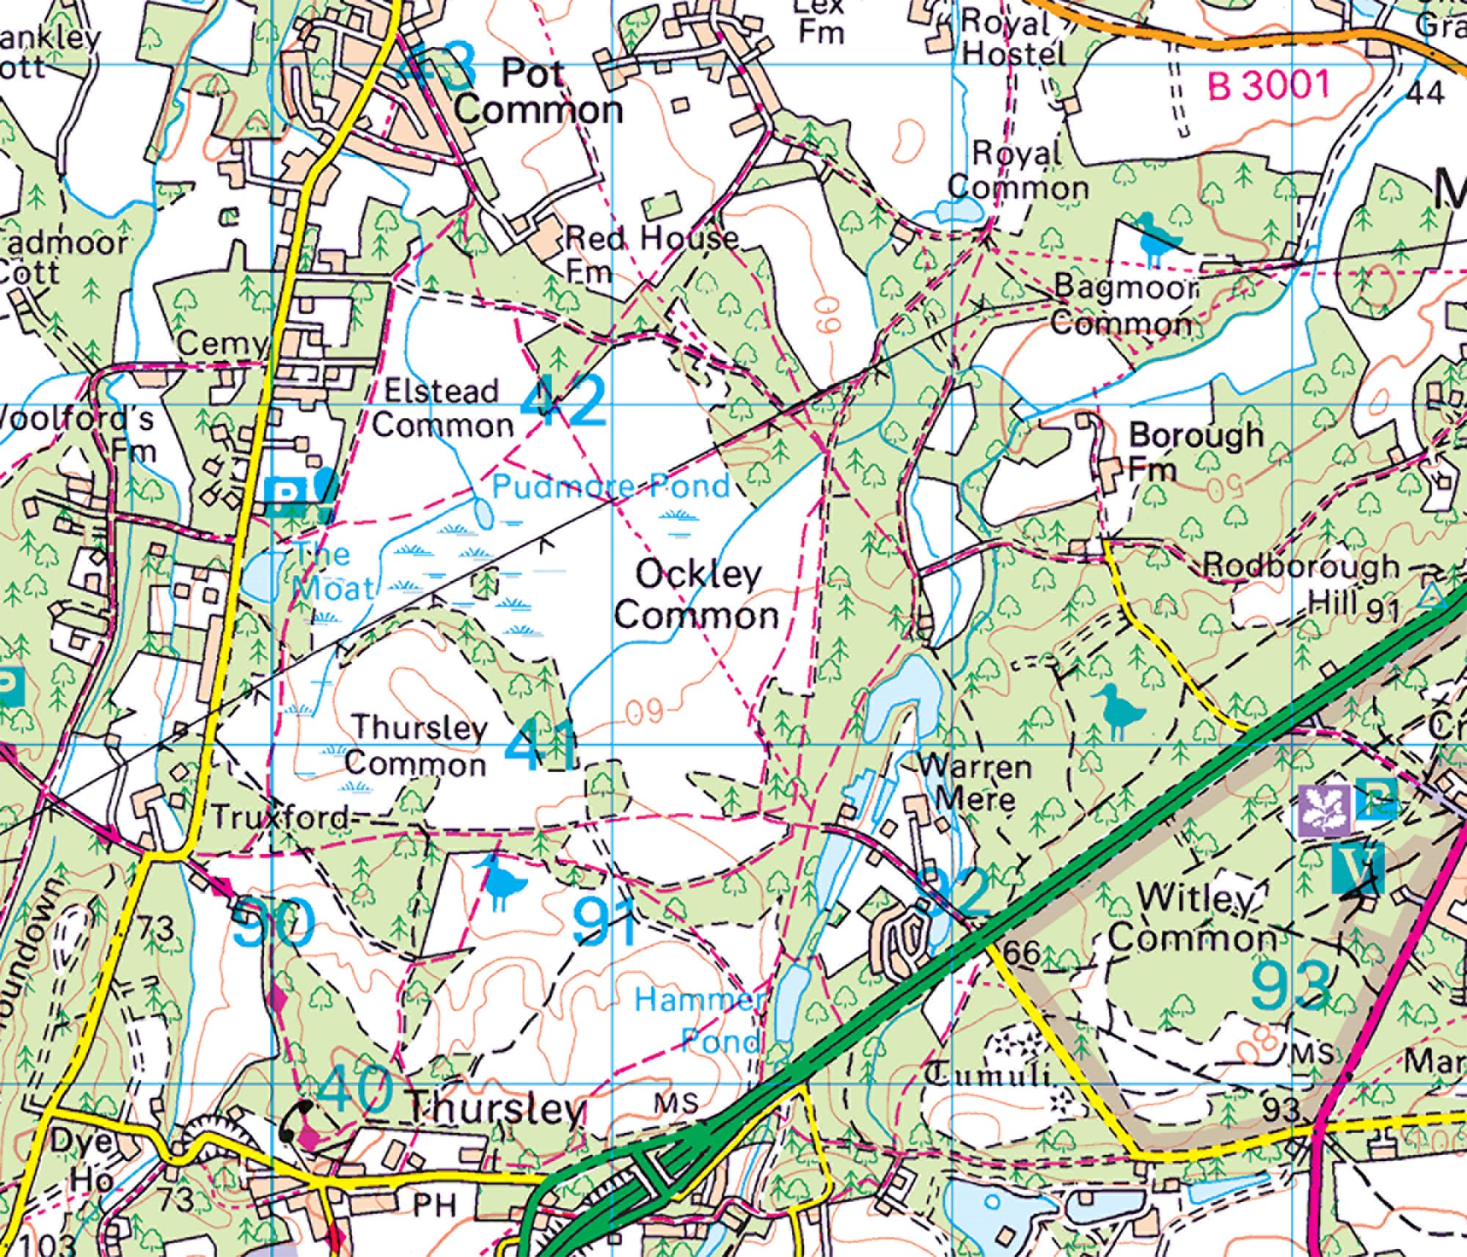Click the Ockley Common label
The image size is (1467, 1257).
tap(697, 596)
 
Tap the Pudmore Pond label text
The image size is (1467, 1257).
tap(610, 487)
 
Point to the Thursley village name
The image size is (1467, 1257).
tap(497, 1110)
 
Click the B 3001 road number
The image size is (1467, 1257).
tap(1268, 87)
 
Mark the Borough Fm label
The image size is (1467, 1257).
tap(1196, 450)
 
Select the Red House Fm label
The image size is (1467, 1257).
tap(649, 253)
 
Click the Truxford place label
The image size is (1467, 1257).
tap(281, 817)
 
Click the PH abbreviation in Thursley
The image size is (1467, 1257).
tap(434, 1205)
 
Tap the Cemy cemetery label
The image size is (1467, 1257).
tap(221, 343)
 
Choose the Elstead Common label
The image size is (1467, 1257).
tap(442, 408)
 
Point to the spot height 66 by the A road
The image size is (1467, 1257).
tap(1021, 952)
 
